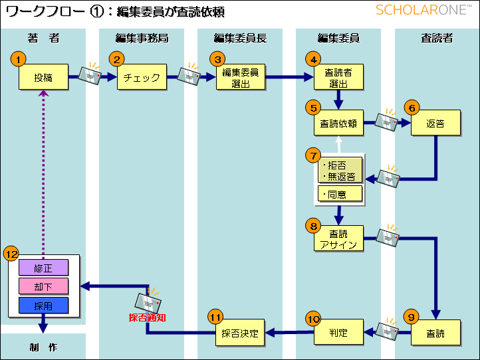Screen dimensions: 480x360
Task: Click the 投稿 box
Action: [43, 77]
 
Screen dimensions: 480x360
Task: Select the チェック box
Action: [142, 77]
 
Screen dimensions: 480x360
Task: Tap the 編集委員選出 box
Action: [241, 77]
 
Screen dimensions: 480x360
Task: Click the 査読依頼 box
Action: [338, 123]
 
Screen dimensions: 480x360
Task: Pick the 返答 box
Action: [435, 123]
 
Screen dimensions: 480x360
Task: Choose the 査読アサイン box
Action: [338, 238]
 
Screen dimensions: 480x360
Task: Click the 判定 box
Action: [338, 332]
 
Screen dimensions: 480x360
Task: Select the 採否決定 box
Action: [240, 333]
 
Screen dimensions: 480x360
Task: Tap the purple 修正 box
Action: [43, 268]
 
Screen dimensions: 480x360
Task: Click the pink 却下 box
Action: [43, 286]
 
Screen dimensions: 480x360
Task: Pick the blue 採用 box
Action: [43, 306]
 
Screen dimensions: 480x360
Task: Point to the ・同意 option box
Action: [340, 194]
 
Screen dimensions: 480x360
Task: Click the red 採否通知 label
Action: [147, 317]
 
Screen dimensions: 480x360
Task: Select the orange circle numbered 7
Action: [313, 155]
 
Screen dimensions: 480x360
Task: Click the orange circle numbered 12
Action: [11, 254]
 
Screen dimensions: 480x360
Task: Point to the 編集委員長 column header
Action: [240, 38]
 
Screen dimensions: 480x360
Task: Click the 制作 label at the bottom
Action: [43, 347]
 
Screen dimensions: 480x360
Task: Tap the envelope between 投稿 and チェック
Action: [90, 74]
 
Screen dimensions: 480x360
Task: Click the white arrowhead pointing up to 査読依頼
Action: [338, 139]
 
